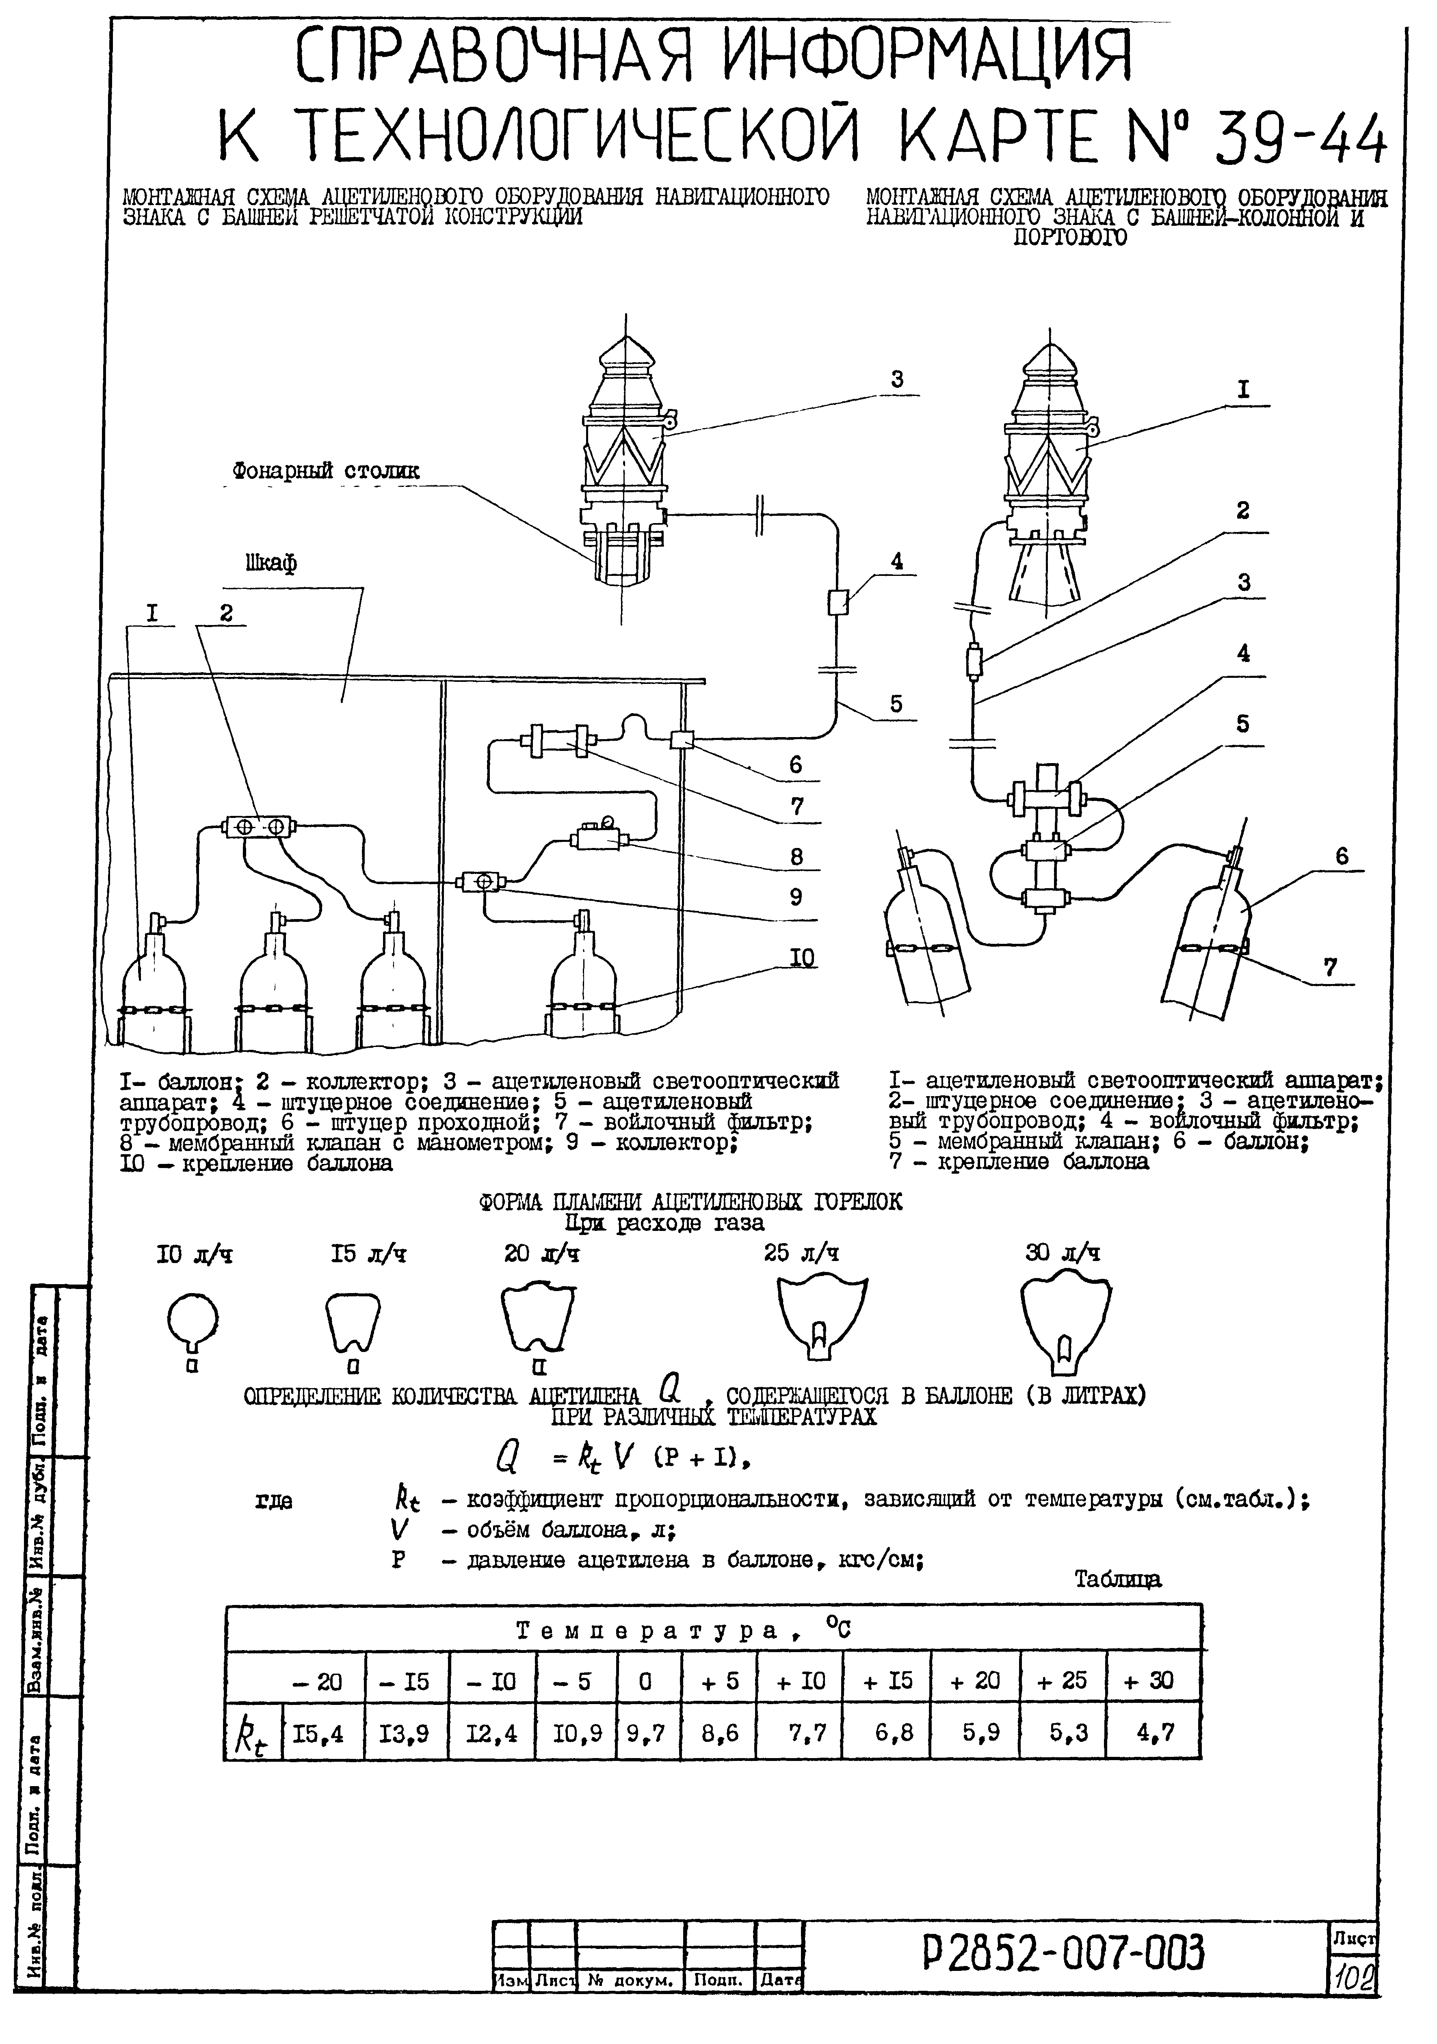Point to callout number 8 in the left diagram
tap(796, 857)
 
